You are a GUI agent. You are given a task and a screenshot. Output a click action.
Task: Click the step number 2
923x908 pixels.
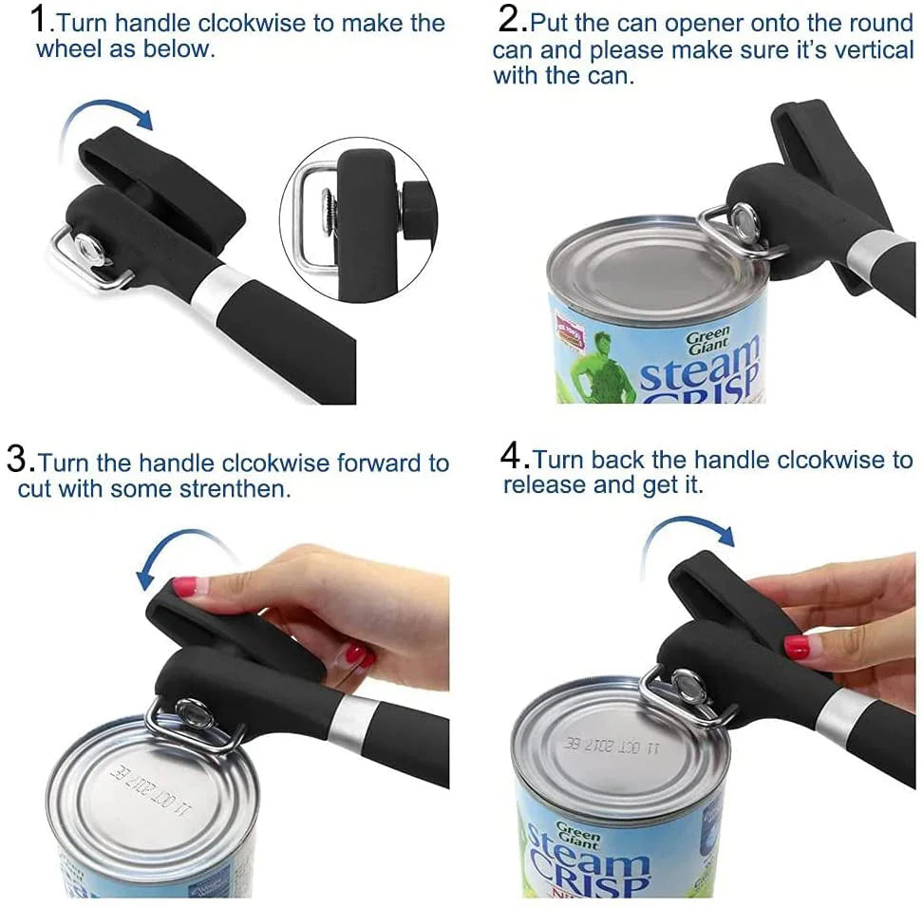512,18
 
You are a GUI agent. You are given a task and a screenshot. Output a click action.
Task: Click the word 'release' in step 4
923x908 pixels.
542,485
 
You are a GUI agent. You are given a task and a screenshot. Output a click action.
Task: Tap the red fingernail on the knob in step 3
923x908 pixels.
186,586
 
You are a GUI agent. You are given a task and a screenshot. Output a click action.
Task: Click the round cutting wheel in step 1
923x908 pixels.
91,250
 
